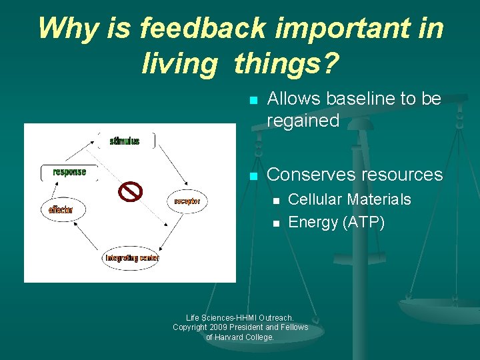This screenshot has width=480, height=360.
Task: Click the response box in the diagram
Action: pyautogui.click(x=69, y=172)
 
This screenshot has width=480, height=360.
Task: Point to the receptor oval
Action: pyautogui.click(x=187, y=201)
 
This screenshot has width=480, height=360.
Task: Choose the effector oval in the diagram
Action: pyautogui.click(x=61, y=209)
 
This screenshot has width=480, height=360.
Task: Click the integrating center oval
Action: pyautogui.click(x=131, y=257)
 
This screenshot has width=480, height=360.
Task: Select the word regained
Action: pyautogui.click(x=303, y=121)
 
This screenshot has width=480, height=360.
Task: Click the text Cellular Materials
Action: pyautogui.click(x=349, y=199)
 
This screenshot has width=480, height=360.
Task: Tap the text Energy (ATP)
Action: pyautogui.click(x=336, y=222)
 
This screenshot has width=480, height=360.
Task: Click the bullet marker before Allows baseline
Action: pyautogui.click(x=252, y=101)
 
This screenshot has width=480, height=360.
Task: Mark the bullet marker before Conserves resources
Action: pyautogui.click(x=252, y=176)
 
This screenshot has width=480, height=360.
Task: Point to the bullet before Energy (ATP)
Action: pyautogui.click(x=275, y=223)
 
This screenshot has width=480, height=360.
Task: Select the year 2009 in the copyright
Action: pyautogui.click(x=221, y=327)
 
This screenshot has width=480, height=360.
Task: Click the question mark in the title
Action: pyautogui.click(x=330, y=65)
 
